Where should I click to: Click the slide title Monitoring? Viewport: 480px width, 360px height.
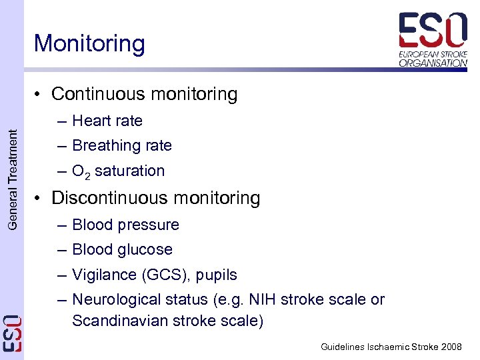[89, 44]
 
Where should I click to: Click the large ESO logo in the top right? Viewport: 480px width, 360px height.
[433, 29]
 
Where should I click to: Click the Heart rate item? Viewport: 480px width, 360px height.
[107, 121]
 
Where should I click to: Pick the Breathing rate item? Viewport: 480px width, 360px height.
[121, 145]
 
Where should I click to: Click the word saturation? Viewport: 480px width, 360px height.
[129, 171]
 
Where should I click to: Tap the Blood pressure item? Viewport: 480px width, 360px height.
[125, 225]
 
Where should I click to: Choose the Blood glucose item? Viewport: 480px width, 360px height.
[122, 249]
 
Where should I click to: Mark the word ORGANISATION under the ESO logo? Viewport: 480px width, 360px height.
[433, 63]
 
